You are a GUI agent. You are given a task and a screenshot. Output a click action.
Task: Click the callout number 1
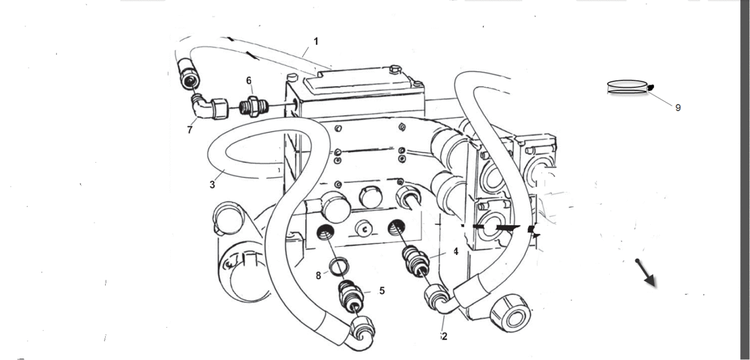coord(316,40)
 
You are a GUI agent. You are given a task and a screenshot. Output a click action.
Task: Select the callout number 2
coord(445,336)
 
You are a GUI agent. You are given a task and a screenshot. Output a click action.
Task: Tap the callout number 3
coord(212,184)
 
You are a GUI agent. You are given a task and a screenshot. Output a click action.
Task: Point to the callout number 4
coord(454,251)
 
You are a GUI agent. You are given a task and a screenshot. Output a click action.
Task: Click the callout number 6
coord(249,80)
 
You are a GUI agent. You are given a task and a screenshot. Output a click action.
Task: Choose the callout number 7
coord(190,130)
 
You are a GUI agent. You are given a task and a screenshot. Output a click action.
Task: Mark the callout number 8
coord(318,275)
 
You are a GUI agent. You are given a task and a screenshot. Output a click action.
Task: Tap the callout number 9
coord(677,107)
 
